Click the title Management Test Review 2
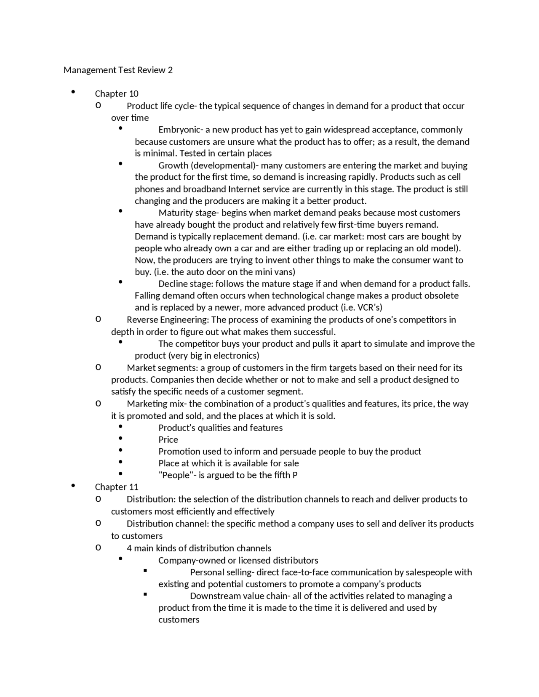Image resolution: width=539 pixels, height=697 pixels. click(x=118, y=70)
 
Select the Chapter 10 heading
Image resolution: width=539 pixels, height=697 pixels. click(x=117, y=93)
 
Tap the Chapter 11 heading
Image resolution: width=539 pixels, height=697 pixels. click(x=117, y=487)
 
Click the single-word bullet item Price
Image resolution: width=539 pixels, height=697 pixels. click(x=168, y=439)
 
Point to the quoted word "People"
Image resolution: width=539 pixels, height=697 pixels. click(x=173, y=475)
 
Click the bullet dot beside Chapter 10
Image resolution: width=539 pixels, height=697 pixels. click(x=73, y=92)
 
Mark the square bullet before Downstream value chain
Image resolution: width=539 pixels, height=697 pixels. click(x=145, y=594)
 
